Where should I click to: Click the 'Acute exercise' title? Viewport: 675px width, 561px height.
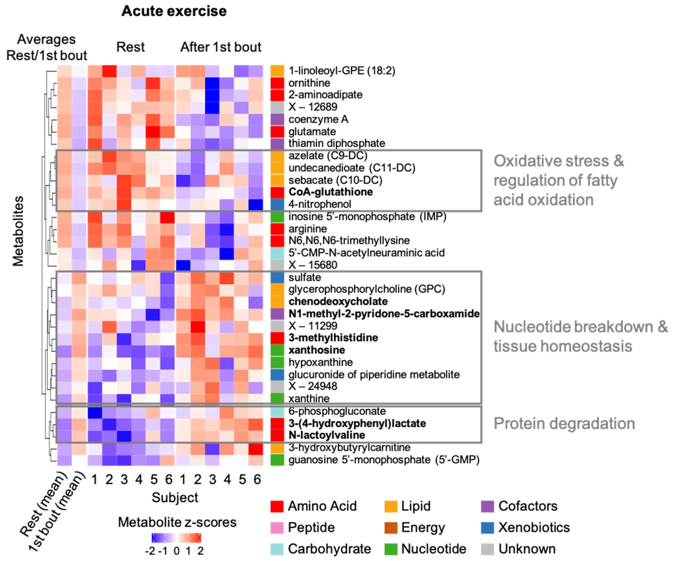tap(174, 11)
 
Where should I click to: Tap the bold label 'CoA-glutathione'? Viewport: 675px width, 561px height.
tap(330, 192)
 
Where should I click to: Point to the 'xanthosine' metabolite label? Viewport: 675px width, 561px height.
tap(317, 350)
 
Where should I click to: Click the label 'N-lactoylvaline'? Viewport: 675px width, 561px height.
tap(327, 435)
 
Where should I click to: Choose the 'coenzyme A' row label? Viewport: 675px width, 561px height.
tap(318, 119)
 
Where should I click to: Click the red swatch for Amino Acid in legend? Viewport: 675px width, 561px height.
tap(277, 506)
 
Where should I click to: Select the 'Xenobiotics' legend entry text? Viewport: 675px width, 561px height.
tap(534, 527)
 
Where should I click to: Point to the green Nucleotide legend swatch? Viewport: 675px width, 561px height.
tap(390, 549)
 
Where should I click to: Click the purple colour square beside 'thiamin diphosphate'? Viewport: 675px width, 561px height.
tap(277, 143)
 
